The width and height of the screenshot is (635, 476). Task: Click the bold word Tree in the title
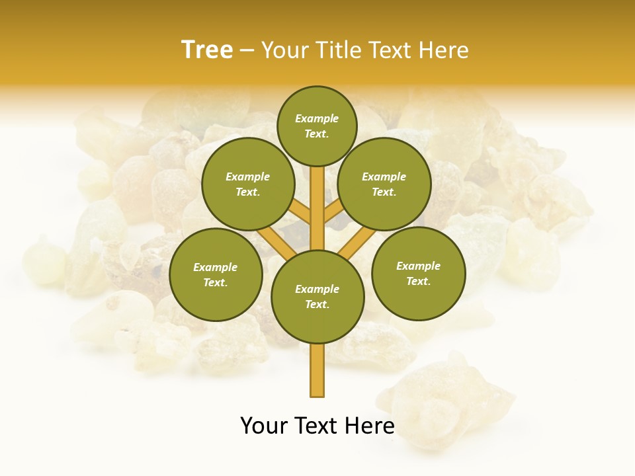207,50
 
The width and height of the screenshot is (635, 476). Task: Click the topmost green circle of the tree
317,126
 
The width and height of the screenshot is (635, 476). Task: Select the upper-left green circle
247,184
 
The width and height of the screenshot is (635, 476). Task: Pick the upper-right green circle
384,184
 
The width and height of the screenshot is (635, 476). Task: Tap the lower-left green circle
216,274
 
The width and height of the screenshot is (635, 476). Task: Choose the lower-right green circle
418,273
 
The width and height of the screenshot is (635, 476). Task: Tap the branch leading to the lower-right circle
357,243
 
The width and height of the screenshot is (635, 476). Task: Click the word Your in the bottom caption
263,426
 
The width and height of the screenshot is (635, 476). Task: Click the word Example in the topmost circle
317,119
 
